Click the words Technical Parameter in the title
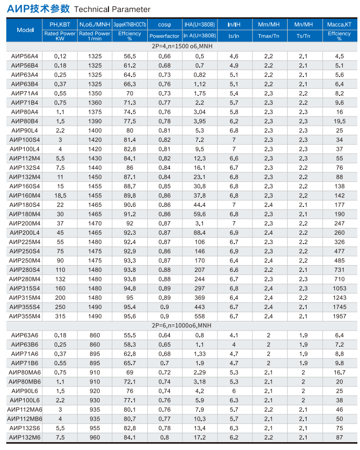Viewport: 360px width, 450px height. coord(112,9)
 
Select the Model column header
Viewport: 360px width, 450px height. coord(25,30)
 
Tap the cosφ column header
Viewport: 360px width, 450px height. coord(164,25)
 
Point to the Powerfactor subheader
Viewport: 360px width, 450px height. coord(164,36)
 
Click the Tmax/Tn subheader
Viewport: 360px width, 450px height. coord(269,36)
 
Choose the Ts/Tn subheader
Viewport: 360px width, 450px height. coord(303,36)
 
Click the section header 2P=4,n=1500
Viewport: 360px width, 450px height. coord(180,47)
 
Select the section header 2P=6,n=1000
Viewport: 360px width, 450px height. coord(180,325)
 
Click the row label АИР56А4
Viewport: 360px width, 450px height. coord(24,56)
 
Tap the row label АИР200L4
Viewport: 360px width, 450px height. coord(25,232)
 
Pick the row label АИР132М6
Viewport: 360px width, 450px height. coord(25,437)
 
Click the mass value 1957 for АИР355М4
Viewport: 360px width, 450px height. coord(340,316)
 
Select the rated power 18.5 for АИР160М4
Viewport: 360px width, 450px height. coord(60,195)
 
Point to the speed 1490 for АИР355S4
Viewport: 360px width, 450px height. coord(95,307)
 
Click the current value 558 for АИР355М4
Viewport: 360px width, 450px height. coord(200,316)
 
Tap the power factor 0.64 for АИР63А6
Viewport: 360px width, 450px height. coord(164,335)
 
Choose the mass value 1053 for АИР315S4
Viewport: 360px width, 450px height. coord(340,288)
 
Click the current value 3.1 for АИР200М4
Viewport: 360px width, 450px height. coord(200,223)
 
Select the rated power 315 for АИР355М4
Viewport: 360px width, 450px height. coord(60,316)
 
